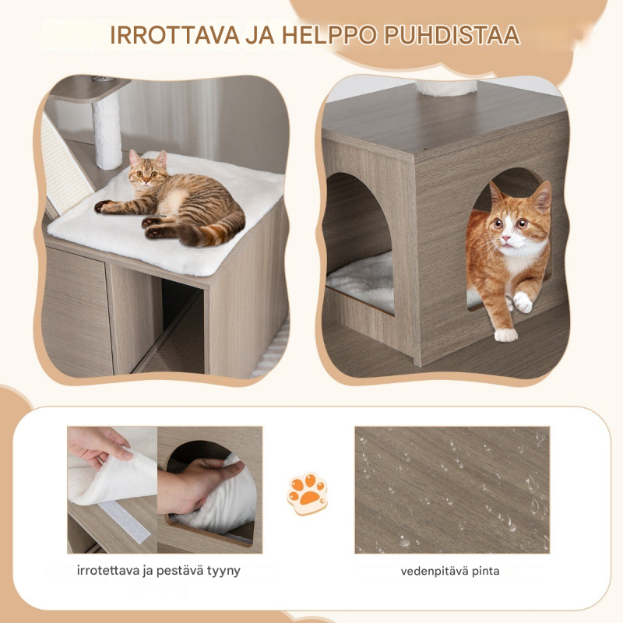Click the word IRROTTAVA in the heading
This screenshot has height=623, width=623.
174,35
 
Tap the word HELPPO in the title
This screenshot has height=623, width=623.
329,35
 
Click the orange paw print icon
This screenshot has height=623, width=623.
307,493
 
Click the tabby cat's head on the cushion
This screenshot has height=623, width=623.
147,169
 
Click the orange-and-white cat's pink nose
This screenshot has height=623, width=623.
505,238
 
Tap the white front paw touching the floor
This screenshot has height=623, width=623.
505,335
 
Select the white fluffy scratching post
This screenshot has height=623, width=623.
107,129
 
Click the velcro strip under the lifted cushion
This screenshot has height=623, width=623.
124,521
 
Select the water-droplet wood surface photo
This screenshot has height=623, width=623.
452,490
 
